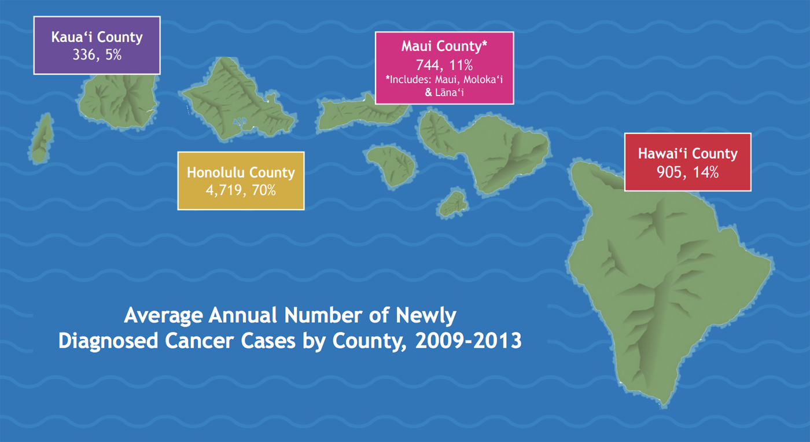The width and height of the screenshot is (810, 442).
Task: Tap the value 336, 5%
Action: click(x=97, y=56)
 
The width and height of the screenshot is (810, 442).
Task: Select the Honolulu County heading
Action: click(x=241, y=172)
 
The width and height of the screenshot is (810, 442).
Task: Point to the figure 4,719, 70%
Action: click(x=241, y=189)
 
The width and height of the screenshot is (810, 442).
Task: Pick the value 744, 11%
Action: click(x=444, y=65)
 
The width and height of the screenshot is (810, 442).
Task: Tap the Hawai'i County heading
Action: click(x=687, y=154)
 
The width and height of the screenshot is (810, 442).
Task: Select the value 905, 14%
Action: click(x=687, y=172)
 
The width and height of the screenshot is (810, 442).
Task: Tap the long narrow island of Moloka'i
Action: click(x=347, y=113)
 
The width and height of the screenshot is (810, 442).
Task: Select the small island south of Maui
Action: click(x=453, y=202)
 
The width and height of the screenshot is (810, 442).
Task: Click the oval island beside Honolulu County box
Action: click(x=391, y=165)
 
